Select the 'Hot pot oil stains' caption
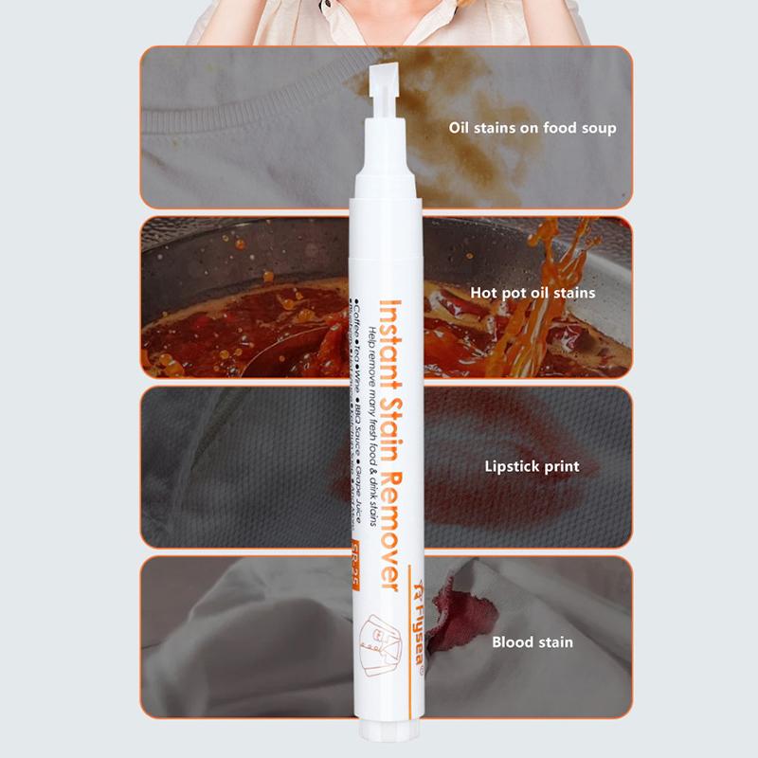click(532, 293)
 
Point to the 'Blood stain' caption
click(532, 641)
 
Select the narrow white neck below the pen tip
click(384, 133)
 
